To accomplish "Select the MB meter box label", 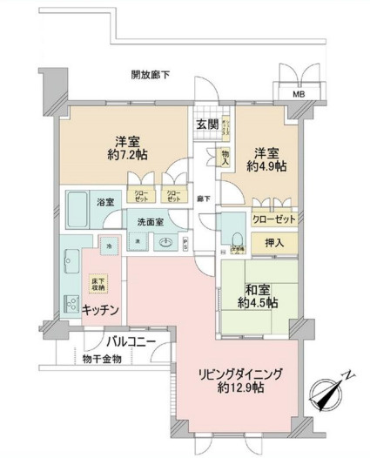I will click(x=298, y=94).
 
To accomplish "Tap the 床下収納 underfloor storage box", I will click(x=98, y=284).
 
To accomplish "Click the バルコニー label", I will click(x=132, y=340).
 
